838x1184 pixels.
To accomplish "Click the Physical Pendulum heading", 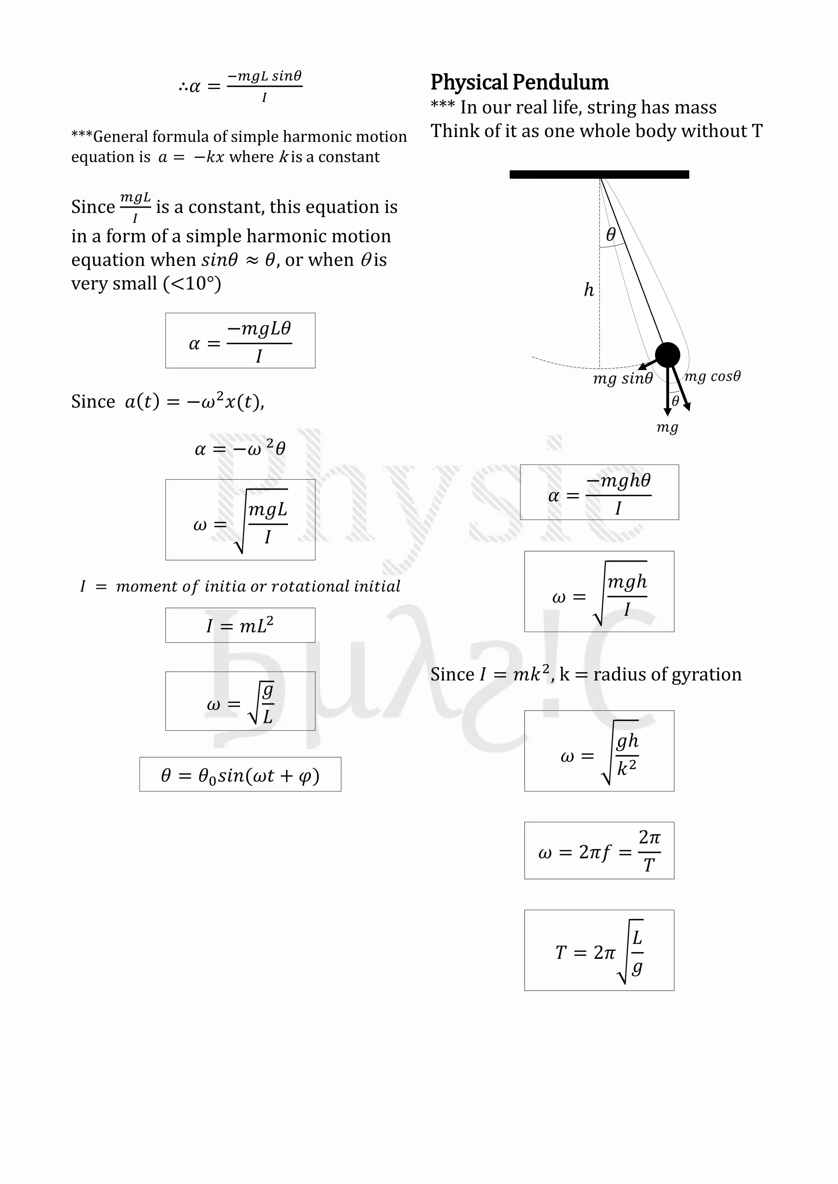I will [519, 83].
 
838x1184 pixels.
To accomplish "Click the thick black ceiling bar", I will [599, 174].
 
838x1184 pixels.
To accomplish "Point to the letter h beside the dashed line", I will [589, 290].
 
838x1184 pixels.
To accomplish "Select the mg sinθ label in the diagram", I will [622, 379].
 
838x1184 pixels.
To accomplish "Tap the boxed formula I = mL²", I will [240, 625].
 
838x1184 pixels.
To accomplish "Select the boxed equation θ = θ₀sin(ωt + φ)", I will [240, 774].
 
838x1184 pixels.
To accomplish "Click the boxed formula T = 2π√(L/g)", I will [599, 950].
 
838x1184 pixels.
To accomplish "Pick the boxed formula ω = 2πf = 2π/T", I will [599, 850].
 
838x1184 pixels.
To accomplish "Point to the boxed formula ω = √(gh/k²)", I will [599, 751].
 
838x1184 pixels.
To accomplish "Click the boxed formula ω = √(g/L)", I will [240, 701].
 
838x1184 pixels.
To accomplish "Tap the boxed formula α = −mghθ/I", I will [599, 492].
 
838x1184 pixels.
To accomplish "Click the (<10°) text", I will [192, 284].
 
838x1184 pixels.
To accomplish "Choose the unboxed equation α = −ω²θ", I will [240, 448].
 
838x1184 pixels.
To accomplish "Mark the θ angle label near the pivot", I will [611, 234].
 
